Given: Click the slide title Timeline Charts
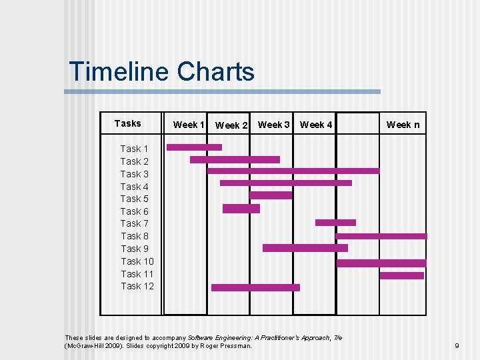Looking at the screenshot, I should coord(161,72).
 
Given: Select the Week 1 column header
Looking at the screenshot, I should coord(189,125).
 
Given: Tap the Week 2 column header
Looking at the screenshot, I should coord(231,125).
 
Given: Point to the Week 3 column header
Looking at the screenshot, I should coord(273,125).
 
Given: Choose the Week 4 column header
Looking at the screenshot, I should coord(316,125).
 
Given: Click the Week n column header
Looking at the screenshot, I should coord(403,125).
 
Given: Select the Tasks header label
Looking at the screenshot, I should coord(127,123).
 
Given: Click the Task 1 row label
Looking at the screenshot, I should coord(134,149).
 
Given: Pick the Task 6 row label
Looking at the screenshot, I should coord(134,211).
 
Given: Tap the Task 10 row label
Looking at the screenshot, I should coord(137,261).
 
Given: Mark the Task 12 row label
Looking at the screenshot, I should coord(137,286).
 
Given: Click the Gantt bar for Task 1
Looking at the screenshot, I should coord(194,147).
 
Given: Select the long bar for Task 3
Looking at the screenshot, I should coord(293,171).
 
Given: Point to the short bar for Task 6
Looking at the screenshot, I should coord(241,209).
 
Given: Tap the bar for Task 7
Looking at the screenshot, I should coord(335,223).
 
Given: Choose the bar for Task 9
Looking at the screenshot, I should coord(305,248).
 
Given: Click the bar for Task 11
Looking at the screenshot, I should coord(401,275).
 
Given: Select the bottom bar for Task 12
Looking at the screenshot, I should coord(255,288).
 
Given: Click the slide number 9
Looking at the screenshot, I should coord(457,346).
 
